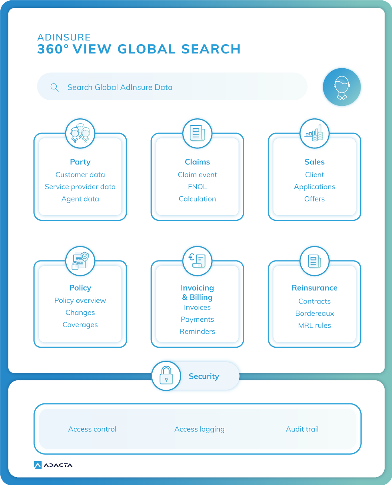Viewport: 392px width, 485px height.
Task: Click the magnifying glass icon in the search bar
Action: click(54, 88)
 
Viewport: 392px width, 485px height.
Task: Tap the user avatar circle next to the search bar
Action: click(342, 87)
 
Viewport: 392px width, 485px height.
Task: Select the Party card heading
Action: click(80, 162)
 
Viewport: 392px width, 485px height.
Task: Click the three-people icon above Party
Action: click(80, 134)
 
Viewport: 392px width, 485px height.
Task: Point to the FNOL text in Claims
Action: click(197, 187)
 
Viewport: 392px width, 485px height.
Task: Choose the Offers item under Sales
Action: click(315, 199)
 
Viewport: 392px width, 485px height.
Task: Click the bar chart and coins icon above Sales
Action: click(315, 134)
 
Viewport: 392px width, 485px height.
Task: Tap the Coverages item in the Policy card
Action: click(80, 325)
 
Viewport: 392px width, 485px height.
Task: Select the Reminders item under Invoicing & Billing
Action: click(197, 331)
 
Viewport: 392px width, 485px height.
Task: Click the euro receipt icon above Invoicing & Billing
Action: click(197, 261)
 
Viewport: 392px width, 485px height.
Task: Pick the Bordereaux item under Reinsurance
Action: click(315, 314)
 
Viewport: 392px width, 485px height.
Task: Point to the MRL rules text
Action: click(315, 325)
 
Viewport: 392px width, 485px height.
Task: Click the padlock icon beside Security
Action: click(166, 376)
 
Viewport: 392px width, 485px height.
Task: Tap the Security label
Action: click(204, 376)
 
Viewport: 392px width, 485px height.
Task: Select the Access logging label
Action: click(199, 429)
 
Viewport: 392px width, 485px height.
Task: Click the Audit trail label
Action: click(302, 429)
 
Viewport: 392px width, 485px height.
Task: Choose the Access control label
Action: click(92, 429)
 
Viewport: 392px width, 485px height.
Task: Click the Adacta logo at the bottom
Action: click(53, 465)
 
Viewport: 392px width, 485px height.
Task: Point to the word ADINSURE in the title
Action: click(64, 37)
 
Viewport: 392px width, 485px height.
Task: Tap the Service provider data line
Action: click(80, 187)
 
